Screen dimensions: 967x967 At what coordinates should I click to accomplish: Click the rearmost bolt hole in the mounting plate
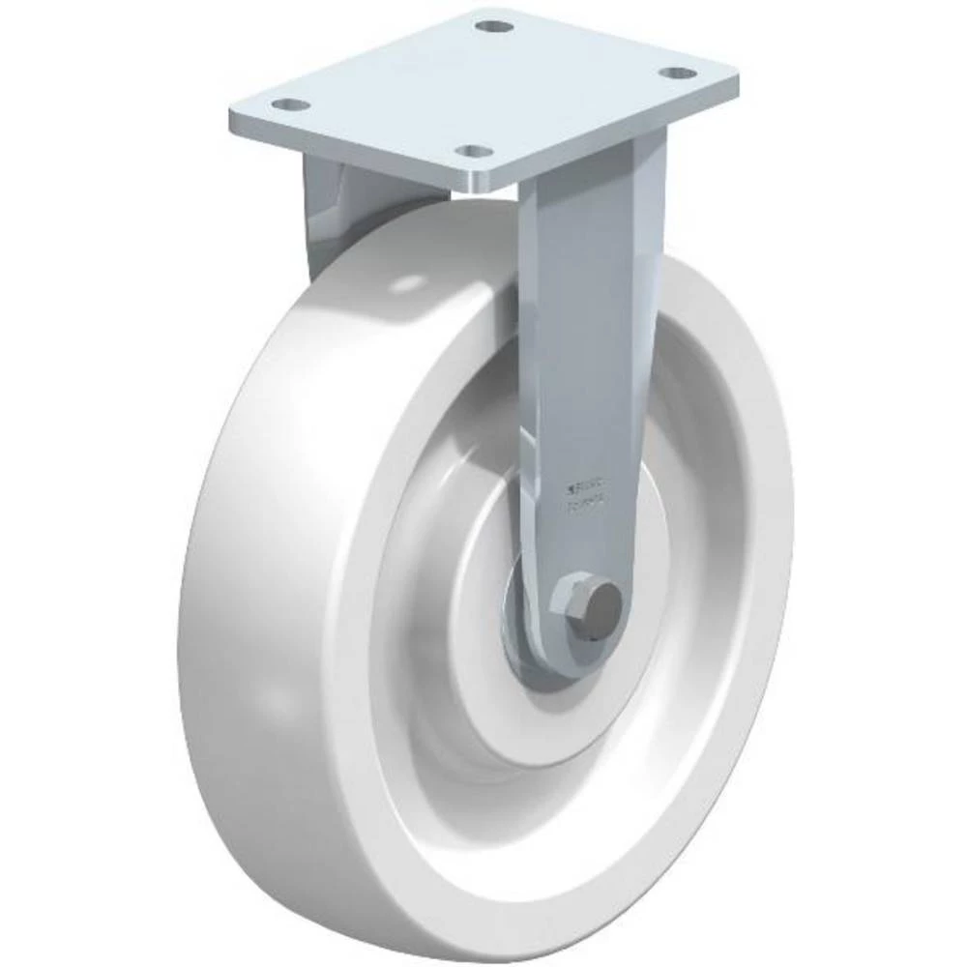click(x=494, y=25)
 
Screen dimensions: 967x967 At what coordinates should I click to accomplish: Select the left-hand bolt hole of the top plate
click(x=290, y=103)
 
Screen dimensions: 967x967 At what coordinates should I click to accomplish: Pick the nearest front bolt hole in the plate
click(x=472, y=152)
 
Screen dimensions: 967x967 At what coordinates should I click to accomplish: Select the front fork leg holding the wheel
click(x=590, y=367)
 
